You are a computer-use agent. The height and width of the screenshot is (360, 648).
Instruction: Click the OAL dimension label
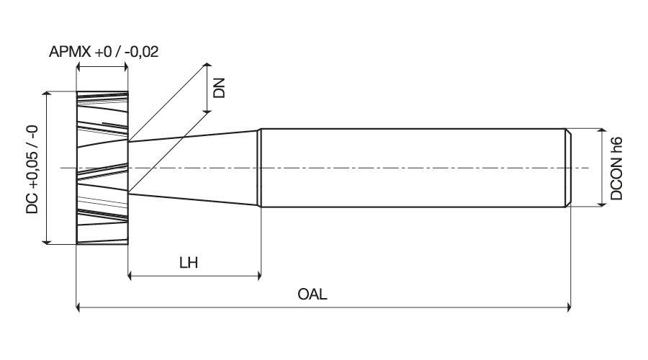(312, 294)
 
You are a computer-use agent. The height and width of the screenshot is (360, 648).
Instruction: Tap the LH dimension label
(189, 263)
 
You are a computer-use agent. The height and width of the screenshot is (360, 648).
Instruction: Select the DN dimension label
(219, 88)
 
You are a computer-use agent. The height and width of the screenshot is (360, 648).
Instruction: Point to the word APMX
(70, 52)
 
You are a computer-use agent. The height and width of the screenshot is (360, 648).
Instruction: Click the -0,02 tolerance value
(141, 52)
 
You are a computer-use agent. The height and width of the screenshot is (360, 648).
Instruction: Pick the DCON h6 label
(616, 168)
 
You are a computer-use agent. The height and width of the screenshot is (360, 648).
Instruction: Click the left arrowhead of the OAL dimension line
(79, 307)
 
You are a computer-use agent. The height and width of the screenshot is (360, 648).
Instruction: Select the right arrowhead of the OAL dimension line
(568, 307)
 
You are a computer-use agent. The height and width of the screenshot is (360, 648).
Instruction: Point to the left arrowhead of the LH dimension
(130, 275)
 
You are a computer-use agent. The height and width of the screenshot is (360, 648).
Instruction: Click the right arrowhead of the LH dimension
(258, 275)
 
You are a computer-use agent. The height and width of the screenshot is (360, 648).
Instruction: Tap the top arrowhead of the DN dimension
(207, 66)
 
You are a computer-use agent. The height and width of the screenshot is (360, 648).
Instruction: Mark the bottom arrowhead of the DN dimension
(207, 109)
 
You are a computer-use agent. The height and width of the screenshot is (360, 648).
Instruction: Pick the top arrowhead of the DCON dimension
(602, 132)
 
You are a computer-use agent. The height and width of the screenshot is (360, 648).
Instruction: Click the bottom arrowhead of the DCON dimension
(602, 202)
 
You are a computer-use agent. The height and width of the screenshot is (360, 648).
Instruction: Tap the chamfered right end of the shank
(568, 168)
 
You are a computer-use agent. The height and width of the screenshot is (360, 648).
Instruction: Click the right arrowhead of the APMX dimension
(125, 66)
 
